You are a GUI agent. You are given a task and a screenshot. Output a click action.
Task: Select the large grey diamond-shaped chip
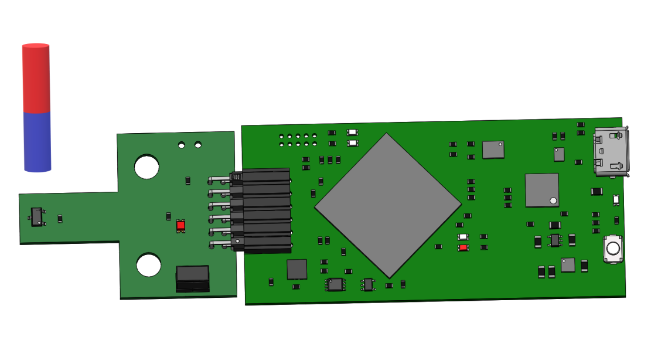click(388, 205)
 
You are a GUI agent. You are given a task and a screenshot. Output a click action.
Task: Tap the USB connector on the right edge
click(612, 152)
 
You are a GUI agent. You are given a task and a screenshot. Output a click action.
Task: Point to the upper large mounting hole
click(146, 167)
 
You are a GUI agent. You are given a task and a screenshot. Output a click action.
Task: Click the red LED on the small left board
click(180, 225)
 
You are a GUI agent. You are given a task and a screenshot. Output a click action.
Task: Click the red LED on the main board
click(463, 247)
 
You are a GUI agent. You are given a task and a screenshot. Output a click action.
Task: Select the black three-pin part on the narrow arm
click(37, 217)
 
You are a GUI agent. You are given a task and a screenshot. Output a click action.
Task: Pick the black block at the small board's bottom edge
click(193, 279)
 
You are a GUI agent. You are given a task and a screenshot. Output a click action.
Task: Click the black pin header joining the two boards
click(264, 210)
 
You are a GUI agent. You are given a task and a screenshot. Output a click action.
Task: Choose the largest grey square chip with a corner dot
click(542, 190)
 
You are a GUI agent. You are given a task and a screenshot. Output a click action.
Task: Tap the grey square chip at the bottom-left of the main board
click(296, 269)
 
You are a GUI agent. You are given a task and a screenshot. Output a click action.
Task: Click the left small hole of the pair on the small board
click(182, 144)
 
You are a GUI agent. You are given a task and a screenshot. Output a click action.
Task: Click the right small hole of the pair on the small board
click(198, 144)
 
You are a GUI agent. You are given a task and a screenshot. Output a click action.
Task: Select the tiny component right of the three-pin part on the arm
click(60, 219)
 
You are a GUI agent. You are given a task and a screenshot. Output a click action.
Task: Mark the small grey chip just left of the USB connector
click(559, 154)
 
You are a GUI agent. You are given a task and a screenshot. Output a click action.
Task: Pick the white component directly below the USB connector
click(616, 200)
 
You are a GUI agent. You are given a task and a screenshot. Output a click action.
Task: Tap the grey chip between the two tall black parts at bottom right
click(568, 265)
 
